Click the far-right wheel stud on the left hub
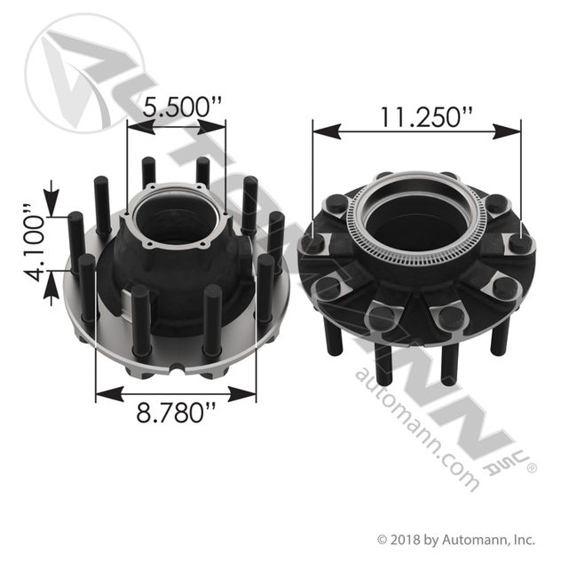pos(276,240)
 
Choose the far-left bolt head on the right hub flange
pos(313,242)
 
